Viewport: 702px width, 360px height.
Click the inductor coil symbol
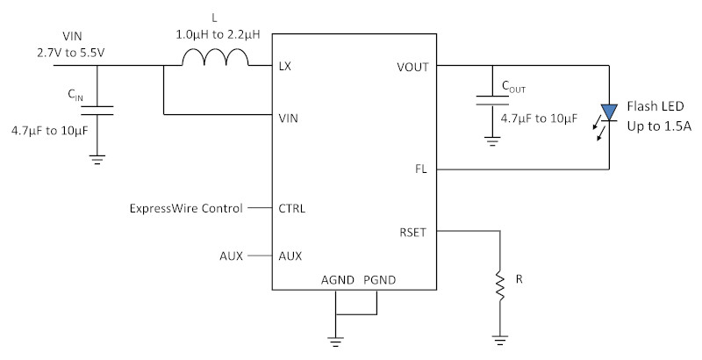pyautogui.click(x=214, y=57)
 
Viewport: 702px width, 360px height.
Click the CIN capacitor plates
pyautogui.click(x=97, y=110)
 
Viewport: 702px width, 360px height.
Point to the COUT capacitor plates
pyautogui.click(x=492, y=100)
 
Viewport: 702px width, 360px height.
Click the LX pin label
pyautogui.click(x=284, y=66)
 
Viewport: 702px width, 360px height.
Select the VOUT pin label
pyautogui.click(x=412, y=67)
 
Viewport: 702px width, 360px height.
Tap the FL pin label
pyautogui.click(x=421, y=169)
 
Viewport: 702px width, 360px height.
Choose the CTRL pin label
pyautogui.click(x=292, y=209)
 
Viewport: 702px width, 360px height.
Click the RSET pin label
pyautogui.click(x=412, y=233)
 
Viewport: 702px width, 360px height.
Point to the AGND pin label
pyautogui.click(x=338, y=280)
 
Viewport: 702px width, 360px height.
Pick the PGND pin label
pyautogui.click(x=380, y=280)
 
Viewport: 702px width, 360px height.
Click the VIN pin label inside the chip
pyautogui.click(x=289, y=119)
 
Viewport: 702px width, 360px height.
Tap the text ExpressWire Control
pyautogui.click(x=186, y=208)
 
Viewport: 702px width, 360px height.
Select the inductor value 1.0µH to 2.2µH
pyautogui.click(x=218, y=35)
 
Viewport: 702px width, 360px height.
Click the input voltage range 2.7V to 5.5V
pyautogui.click(x=71, y=53)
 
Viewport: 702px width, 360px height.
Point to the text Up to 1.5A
pyautogui.click(x=659, y=126)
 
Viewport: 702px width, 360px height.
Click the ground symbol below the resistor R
pyautogui.click(x=499, y=341)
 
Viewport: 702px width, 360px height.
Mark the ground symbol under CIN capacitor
pyautogui.click(x=97, y=160)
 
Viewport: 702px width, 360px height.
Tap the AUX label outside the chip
pyautogui.click(x=231, y=256)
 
